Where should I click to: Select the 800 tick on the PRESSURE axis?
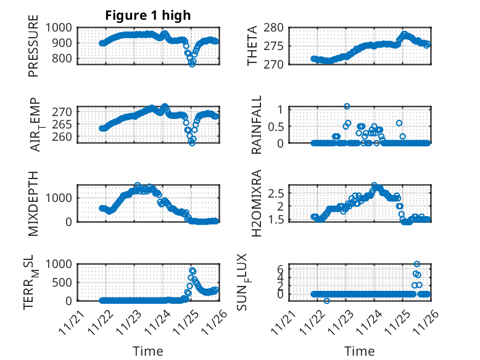click(x=64, y=59)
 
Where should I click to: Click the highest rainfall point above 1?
click(x=347, y=106)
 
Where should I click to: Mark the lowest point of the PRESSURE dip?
click(x=192, y=64)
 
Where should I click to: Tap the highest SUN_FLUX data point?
click(x=416, y=264)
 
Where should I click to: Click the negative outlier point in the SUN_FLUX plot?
click(x=326, y=301)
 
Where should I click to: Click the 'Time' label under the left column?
click(x=148, y=351)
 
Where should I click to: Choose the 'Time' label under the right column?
click(x=360, y=351)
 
